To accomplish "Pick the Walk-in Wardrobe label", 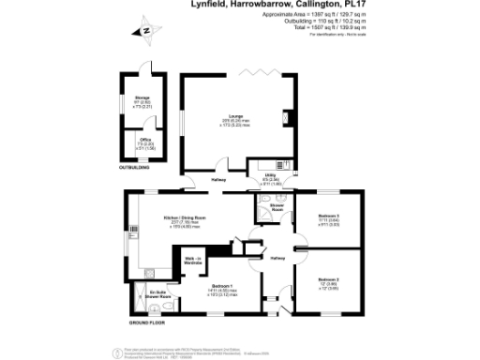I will (x=193, y=262).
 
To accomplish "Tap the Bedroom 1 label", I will (x=222, y=285).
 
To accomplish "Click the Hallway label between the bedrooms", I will (x=277, y=257).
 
